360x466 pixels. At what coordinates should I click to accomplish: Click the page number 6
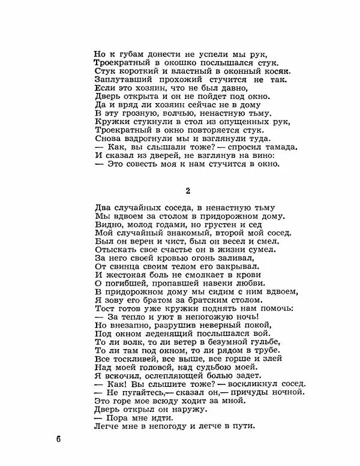click(x=58, y=440)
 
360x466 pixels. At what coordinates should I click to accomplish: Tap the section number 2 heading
click(x=188, y=191)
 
